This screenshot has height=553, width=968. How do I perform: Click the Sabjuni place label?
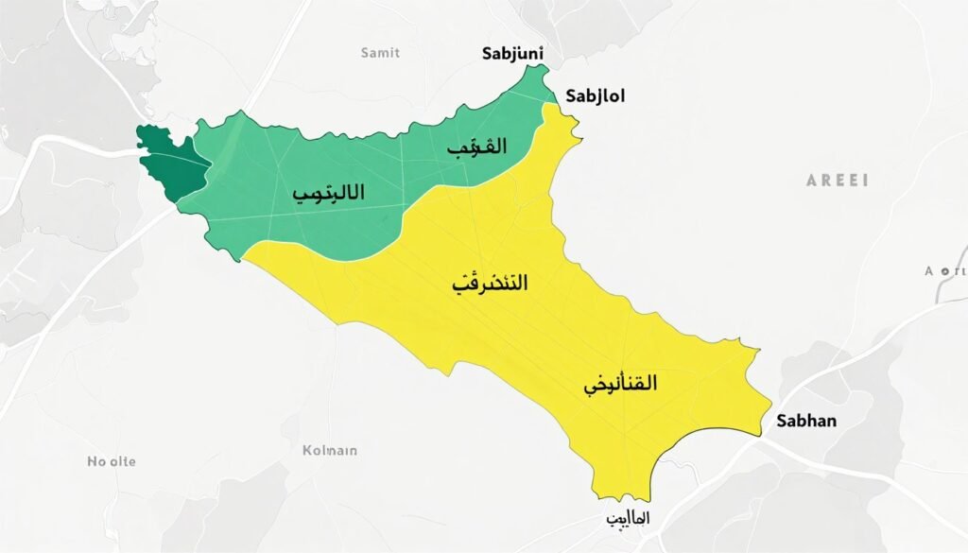pyautogui.click(x=513, y=54)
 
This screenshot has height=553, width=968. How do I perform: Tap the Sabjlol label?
pyautogui.click(x=595, y=95)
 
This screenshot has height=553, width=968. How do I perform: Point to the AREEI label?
pyautogui.click(x=837, y=180)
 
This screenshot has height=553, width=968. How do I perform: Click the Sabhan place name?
pyautogui.click(x=805, y=421)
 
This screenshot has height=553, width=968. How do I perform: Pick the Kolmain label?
pyautogui.click(x=329, y=450)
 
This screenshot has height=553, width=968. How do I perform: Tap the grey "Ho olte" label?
pyautogui.click(x=112, y=461)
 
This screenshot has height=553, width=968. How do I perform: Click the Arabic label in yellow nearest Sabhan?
pyautogui.click(x=620, y=384)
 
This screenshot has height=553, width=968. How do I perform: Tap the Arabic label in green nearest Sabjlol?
pyautogui.click(x=475, y=147)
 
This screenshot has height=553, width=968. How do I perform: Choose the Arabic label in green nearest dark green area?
pyautogui.click(x=328, y=192)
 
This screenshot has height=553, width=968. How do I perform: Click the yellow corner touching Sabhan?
pyautogui.click(x=760, y=434)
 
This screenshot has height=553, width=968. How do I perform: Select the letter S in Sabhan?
pyautogui.click(x=780, y=421)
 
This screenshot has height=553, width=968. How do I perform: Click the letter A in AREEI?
pyautogui.click(x=811, y=180)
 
